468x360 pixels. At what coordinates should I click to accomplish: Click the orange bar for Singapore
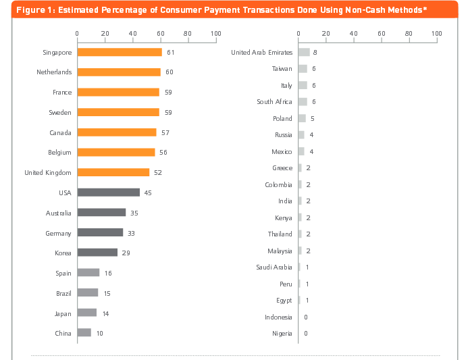click(x=120, y=52)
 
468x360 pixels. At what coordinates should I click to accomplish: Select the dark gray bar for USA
click(x=108, y=192)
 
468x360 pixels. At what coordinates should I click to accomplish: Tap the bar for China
click(x=84, y=332)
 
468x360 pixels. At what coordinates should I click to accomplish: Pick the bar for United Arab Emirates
click(x=304, y=52)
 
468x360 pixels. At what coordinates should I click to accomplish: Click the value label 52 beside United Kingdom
click(x=158, y=172)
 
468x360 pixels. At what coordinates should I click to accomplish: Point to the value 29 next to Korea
click(x=126, y=253)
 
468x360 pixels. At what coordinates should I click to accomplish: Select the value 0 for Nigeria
click(x=306, y=333)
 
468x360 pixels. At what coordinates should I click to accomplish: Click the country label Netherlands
click(x=54, y=72)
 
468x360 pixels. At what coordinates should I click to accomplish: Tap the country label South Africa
click(x=274, y=102)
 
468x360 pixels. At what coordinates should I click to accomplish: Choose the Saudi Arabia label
click(x=274, y=267)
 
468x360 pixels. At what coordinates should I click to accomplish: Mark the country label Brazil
click(x=63, y=293)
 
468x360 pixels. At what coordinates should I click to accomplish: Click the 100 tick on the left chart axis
click(x=215, y=33)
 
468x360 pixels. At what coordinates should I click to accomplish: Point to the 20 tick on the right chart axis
click(x=326, y=33)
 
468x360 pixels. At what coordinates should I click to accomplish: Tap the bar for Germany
click(x=100, y=233)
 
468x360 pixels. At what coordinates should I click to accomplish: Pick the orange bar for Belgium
click(x=116, y=153)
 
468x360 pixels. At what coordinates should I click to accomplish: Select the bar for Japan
click(x=87, y=313)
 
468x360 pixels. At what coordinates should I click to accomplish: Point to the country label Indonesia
click(x=278, y=317)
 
